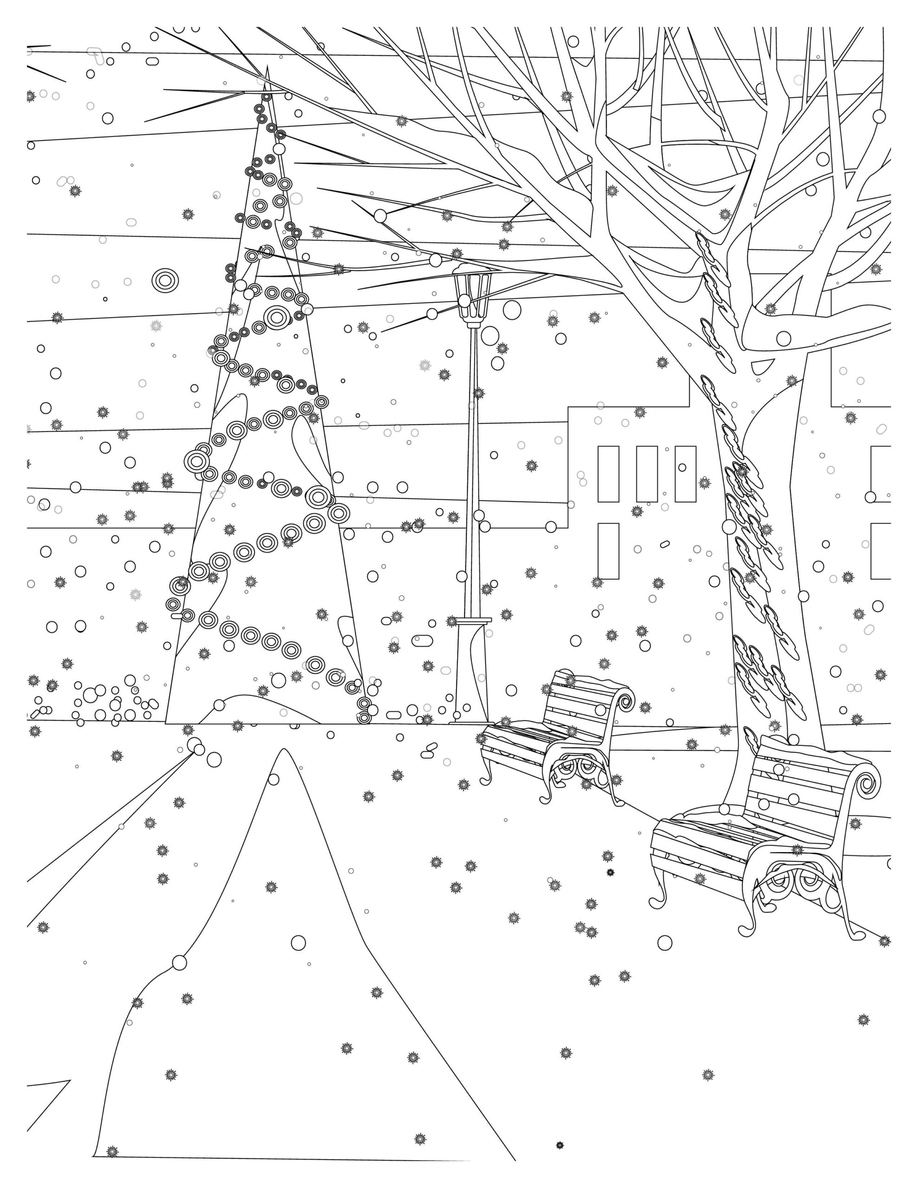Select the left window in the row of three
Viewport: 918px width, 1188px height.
click(608, 473)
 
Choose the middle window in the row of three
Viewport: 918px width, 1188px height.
click(646, 473)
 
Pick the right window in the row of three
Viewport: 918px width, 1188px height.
click(685, 473)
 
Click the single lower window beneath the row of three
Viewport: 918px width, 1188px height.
click(608, 550)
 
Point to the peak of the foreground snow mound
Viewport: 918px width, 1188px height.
click(283, 751)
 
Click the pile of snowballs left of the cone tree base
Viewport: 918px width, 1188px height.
click(109, 702)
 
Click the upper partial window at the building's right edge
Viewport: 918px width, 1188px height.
click(880, 473)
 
